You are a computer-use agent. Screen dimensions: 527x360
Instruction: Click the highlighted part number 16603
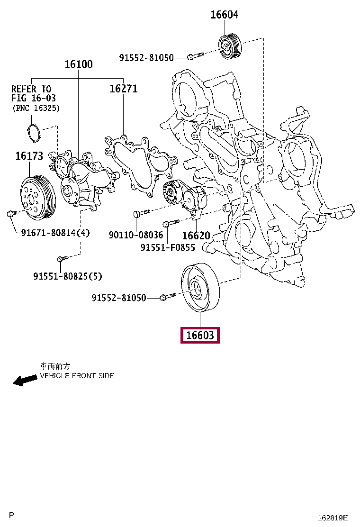(x=200, y=336)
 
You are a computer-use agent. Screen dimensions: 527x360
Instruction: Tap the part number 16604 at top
(x=224, y=15)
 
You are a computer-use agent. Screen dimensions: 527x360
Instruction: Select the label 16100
(x=79, y=64)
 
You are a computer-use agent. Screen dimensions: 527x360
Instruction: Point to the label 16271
(x=124, y=88)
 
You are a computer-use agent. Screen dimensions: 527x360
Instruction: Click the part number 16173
(x=29, y=155)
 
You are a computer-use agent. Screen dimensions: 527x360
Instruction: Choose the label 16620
(x=196, y=235)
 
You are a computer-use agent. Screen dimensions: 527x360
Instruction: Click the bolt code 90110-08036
(x=135, y=235)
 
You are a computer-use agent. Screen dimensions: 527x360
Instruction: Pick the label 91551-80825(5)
(x=68, y=276)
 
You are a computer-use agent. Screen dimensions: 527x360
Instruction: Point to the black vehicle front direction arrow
(x=25, y=380)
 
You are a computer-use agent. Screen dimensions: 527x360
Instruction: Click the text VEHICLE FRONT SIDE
(x=77, y=376)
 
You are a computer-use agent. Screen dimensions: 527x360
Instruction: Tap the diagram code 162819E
(x=333, y=518)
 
